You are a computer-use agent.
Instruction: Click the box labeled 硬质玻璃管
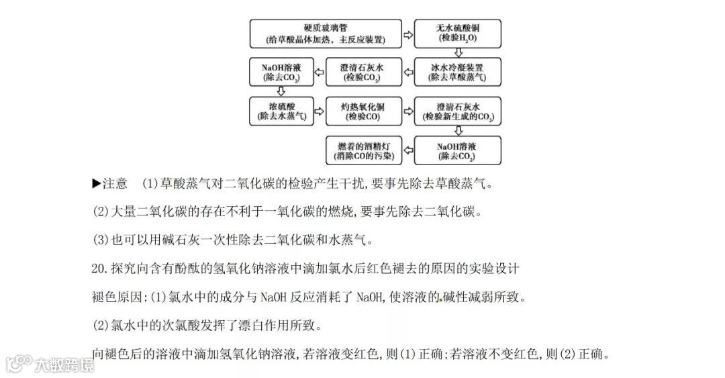pyautogui.click(x=326, y=34)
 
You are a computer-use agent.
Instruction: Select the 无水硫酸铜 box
pyautogui.click(x=458, y=34)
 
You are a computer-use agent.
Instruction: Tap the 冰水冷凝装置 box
pyautogui.click(x=458, y=73)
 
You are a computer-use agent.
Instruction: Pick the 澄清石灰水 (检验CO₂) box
pyautogui.click(x=365, y=73)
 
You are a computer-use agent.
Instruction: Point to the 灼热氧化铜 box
pyautogui.click(x=365, y=111)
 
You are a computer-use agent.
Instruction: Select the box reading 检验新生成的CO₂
pyautogui.click(x=458, y=111)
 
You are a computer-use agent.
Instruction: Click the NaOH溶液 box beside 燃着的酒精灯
pyautogui.click(x=458, y=151)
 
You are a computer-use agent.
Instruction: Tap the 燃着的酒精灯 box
pyautogui.click(x=365, y=151)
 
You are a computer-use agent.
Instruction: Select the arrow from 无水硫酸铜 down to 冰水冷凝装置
pyautogui.click(x=458, y=52)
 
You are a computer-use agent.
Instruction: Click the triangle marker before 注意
pyautogui.click(x=96, y=183)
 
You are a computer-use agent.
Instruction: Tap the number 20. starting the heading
pyautogui.click(x=99, y=268)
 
